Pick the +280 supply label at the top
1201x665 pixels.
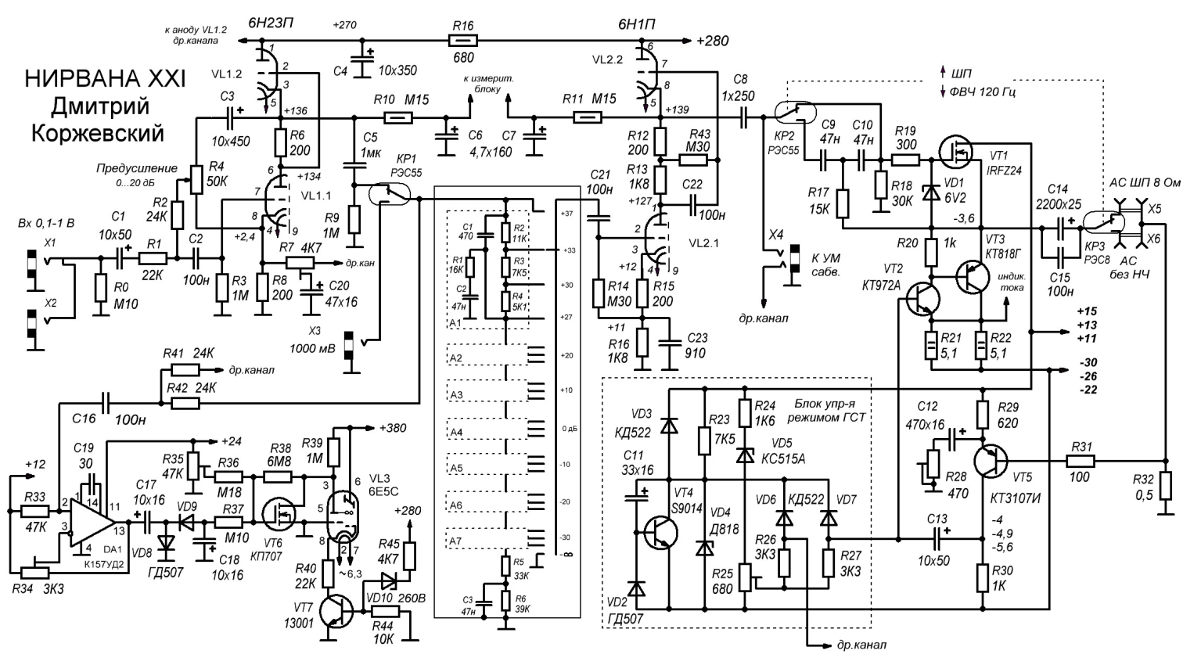[710, 41]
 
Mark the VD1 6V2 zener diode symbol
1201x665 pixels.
[931, 191]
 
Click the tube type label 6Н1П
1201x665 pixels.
[637, 24]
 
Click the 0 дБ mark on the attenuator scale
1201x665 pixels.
[568, 429]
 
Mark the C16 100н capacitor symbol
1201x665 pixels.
[105, 404]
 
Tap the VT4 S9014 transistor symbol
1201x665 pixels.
[657, 533]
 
